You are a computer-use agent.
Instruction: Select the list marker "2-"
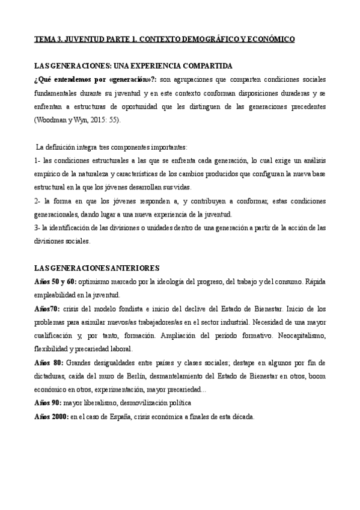38,201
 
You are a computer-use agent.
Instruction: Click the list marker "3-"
38,227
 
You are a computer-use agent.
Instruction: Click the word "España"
119,416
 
